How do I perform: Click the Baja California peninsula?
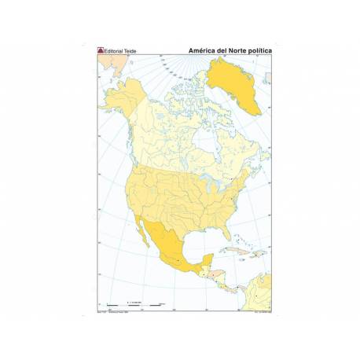(x=147, y=243)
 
